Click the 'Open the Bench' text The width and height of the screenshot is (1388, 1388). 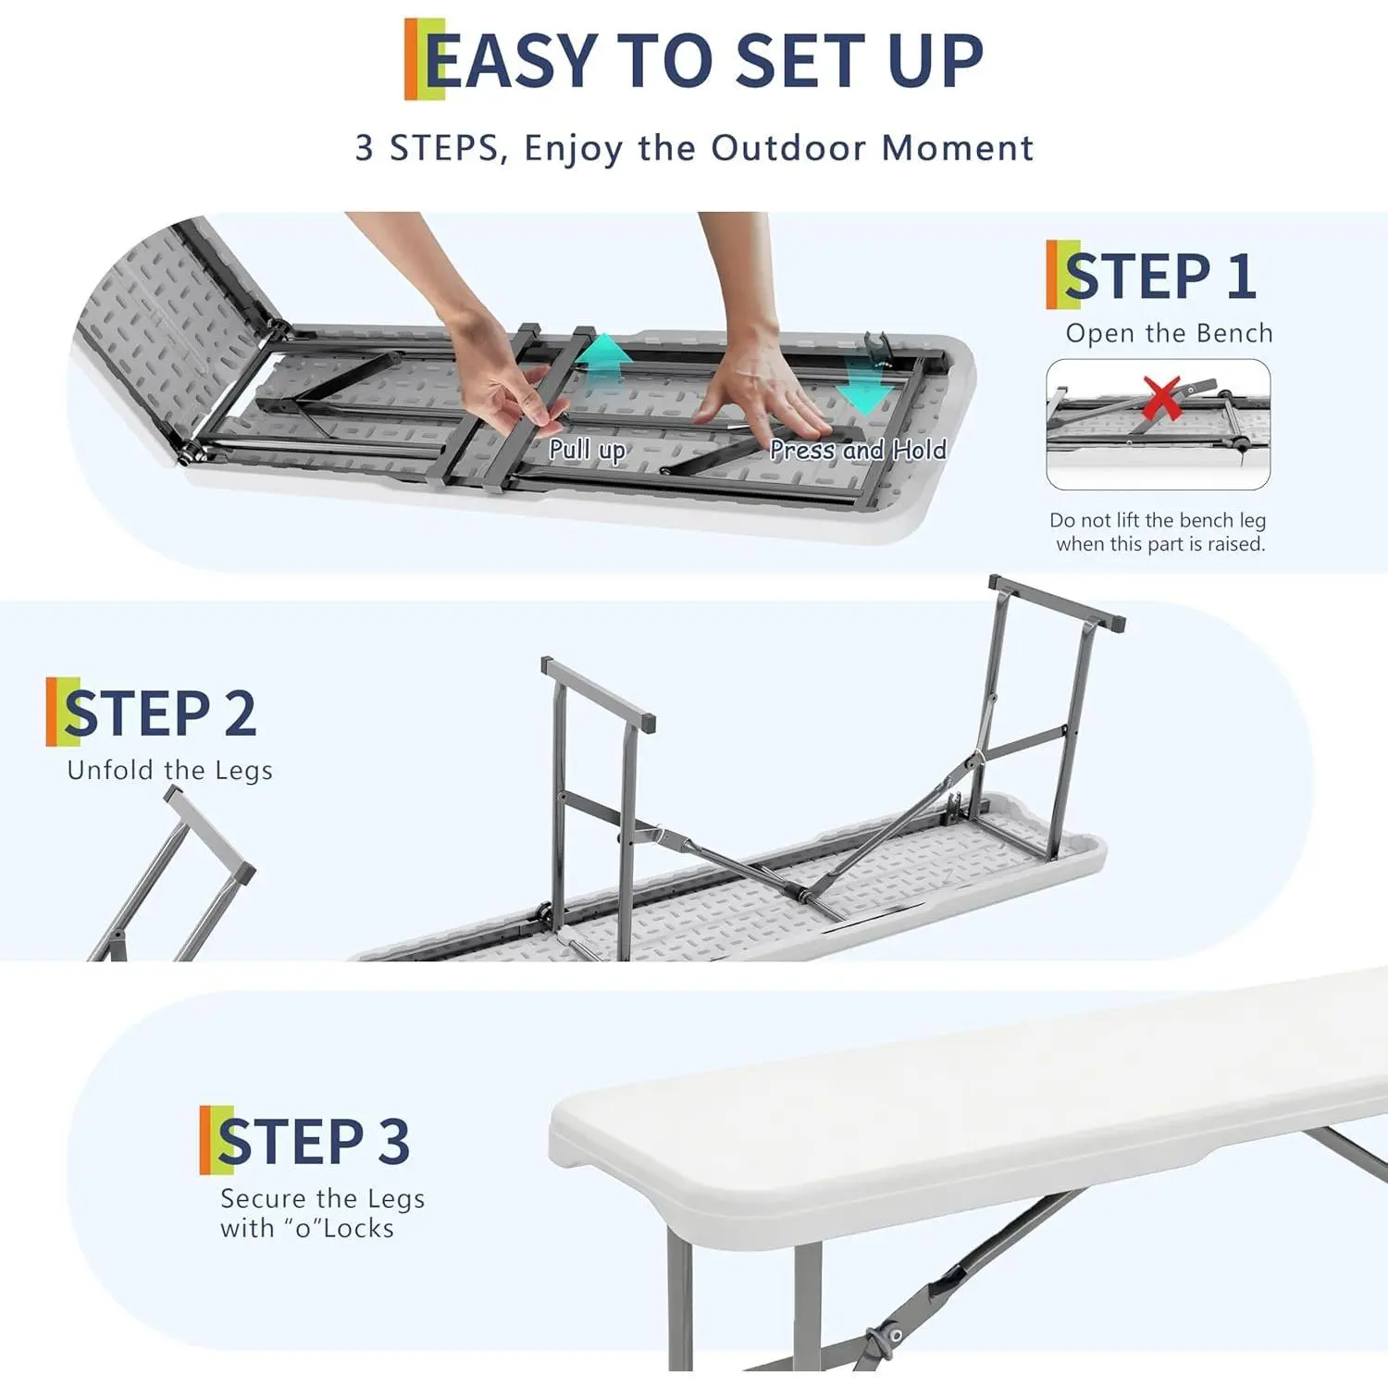(x=1169, y=333)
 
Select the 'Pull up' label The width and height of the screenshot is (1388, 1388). (x=588, y=451)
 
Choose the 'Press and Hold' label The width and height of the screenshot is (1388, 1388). (x=859, y=451)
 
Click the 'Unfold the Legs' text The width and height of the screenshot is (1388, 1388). (x=169, y=771)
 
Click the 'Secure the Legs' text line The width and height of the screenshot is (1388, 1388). (x=323, y=1198)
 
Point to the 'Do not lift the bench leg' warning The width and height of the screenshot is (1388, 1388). (x=1158, y=520)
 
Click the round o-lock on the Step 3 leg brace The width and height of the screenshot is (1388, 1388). (x=895, y=1333)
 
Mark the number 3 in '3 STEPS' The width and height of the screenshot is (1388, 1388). (x=365, y=149)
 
